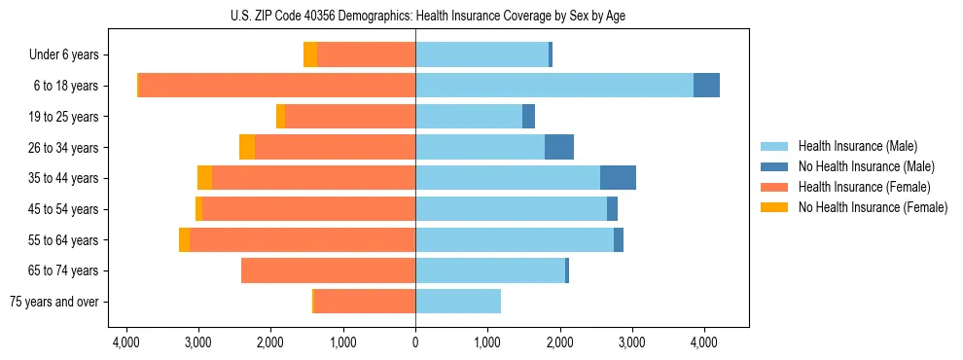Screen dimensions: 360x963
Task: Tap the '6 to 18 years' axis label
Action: tap(66, 86)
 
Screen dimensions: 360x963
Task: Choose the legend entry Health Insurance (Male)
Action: tap(857, 146)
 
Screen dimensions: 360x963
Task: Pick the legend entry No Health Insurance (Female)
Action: tap(873, 207)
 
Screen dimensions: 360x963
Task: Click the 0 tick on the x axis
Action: tap(415, 342)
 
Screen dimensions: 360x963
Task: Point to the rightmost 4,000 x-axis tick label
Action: tap(704, 342)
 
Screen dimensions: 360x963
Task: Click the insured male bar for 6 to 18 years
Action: tap(554, 86)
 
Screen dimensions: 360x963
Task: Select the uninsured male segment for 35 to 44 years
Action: tap(618, 178)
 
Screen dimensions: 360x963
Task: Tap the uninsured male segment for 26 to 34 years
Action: tap(559, 147)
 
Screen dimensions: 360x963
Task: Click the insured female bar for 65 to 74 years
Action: tap(328, 270)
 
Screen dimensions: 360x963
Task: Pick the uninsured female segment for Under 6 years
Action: tap(310, 54)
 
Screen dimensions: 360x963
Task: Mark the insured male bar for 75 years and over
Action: tap(458, 302)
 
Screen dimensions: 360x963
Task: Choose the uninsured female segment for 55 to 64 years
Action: tap(184, 239)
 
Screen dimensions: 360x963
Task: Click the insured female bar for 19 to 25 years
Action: tap(350, 117)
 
